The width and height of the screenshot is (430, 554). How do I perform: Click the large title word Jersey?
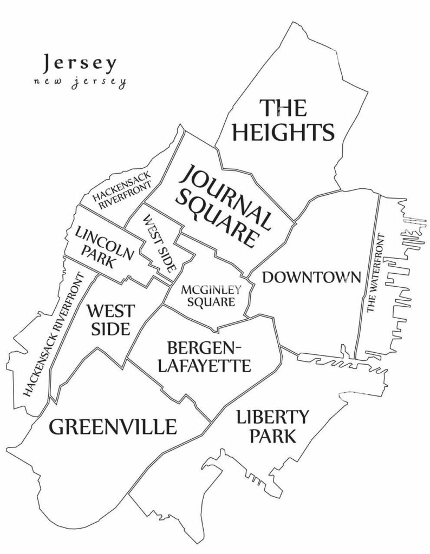pos(79,63)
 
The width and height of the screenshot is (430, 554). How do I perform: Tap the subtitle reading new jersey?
pos(79,83)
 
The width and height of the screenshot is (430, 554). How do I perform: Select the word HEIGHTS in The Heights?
pos(283,131)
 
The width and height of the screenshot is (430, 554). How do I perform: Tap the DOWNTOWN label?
pos(311,278)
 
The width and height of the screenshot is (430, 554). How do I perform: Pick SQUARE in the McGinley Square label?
pos(211,302)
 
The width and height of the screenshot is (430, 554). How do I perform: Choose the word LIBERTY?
pos(273,417)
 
